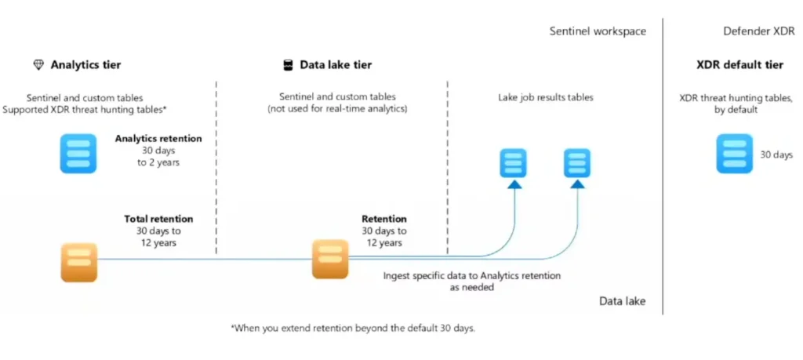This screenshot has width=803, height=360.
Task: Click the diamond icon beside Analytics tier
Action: point(38,65)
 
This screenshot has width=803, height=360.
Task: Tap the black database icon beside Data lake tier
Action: point(288,65)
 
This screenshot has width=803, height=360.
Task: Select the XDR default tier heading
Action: point(739,65)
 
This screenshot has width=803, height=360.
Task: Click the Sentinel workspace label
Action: point(598,31)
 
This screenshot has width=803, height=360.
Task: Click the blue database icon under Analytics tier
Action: point(78,153)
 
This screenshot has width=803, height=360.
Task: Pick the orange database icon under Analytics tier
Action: point(79,262)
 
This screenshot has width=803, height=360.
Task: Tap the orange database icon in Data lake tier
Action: point(330,259)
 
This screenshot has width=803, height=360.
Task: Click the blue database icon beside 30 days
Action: point(734,154)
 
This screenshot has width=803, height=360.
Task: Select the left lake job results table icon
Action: point(514,162)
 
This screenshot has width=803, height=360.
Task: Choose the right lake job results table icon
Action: point(577,162)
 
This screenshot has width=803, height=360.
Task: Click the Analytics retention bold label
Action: point(158,138)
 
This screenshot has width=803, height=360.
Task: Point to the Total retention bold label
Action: point(158,219)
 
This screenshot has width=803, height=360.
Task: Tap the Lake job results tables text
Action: point(546,98)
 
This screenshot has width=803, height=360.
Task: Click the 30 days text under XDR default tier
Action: point(776,155)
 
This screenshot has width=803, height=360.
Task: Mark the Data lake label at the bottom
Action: point(622,301)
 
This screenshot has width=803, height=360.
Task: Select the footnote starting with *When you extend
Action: point(353,328)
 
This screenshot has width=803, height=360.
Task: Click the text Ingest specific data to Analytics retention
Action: point(471,276)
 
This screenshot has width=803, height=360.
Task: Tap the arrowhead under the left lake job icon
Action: point(514,184)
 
